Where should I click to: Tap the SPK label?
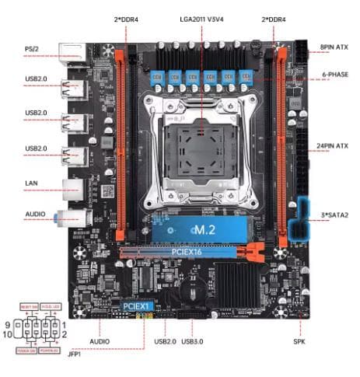pos(298,341)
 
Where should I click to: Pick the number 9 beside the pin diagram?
pos(9,323)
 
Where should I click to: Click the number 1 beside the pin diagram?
pos(65,323)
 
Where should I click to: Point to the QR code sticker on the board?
pos(108,190)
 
